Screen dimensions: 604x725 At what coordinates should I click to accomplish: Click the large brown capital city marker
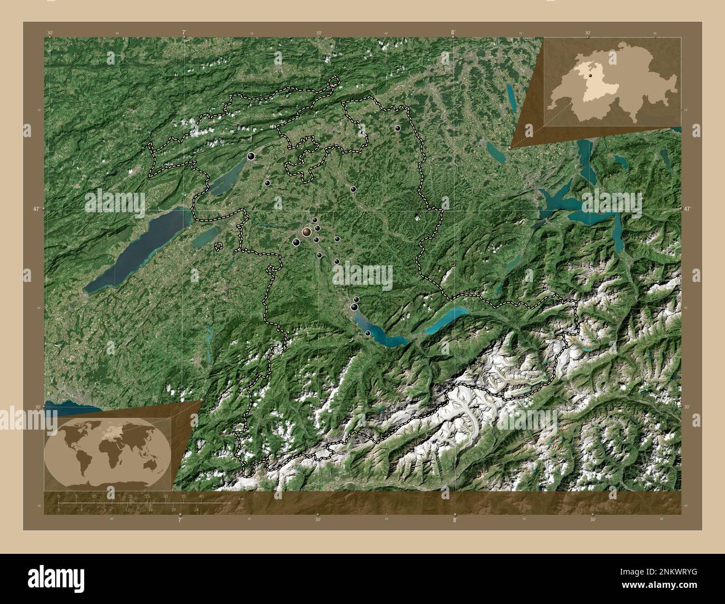point(306,231)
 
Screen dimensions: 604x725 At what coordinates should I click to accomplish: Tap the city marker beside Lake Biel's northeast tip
point(251,157)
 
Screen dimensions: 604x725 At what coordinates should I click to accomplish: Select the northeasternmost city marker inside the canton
point(398,128)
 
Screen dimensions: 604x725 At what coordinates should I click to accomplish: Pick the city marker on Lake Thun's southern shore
point(368,333)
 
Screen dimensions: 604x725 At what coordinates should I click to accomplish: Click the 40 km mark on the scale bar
point(201,496)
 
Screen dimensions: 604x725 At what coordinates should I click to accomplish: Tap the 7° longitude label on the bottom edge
point(180,521)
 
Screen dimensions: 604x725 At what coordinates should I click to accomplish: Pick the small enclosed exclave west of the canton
point(218,245)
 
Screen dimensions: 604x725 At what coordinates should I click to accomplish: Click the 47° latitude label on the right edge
point(688,209)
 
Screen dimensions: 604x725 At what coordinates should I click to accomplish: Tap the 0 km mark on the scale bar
point(59,496)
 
